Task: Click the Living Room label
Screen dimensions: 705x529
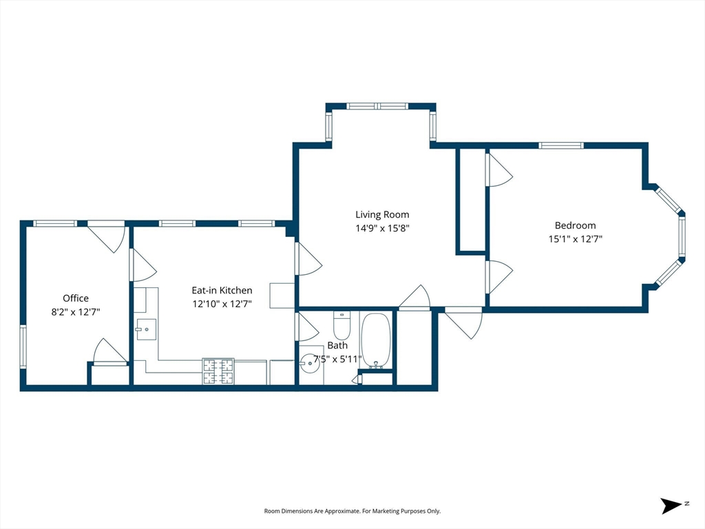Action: (x=382, y=215)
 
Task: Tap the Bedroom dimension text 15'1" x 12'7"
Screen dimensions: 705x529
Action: (x=575, y=239)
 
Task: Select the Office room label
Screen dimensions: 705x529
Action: (x=76, y=298)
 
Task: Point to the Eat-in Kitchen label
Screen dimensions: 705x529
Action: (x=222, y=291)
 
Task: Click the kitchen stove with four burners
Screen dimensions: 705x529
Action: (x=218, y=371)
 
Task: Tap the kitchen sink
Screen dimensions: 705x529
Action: (x=146, y=330)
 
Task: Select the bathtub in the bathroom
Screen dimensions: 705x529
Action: (x=376, y=340)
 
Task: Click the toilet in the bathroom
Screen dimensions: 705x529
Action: (x=341, y=326)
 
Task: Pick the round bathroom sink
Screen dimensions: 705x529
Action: (x=310, y=364)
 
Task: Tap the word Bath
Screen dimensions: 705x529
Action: (x=337, y=346)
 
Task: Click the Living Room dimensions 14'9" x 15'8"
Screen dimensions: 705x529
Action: (x=382, y=228)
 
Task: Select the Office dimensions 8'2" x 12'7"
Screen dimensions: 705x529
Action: (x=76, y=312)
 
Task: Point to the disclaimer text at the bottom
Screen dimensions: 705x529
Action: (x=352, y=511)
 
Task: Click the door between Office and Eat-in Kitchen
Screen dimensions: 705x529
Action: (x=142, y=265)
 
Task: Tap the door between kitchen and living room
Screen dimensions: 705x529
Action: (x=308, y=259)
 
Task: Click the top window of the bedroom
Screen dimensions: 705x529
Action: (x=561, y=145)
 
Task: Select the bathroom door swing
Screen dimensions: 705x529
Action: (x=306, y=326)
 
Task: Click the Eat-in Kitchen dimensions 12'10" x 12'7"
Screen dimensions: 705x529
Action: (x=222, y=304)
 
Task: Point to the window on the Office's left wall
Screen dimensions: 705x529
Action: (x=23, y=346)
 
